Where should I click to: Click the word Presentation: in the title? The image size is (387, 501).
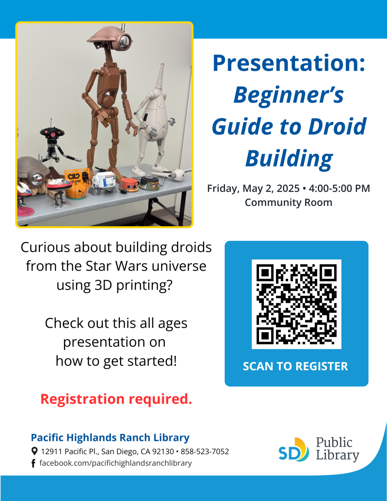tap(289, 63)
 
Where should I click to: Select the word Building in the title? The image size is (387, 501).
tap(289, 158)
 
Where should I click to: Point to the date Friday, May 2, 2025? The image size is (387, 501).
tap(253, 188)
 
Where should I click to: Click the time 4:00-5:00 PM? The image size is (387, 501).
tap(339, 188)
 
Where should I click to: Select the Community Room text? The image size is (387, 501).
tap(288, 203)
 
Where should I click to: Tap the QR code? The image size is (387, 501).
tap(296, 304)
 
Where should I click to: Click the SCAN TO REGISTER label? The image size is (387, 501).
tap(295, 366)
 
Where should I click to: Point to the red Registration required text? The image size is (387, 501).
tap(116, 399)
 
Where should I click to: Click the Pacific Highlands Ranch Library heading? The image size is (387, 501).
tap(110, 437)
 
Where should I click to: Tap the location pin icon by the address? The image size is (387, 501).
tap(34, 451)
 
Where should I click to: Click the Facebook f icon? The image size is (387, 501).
tap(33, 463)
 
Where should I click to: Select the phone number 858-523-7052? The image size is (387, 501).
tap(205, 451)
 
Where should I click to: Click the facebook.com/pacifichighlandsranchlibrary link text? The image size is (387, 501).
tap(115, 463)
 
